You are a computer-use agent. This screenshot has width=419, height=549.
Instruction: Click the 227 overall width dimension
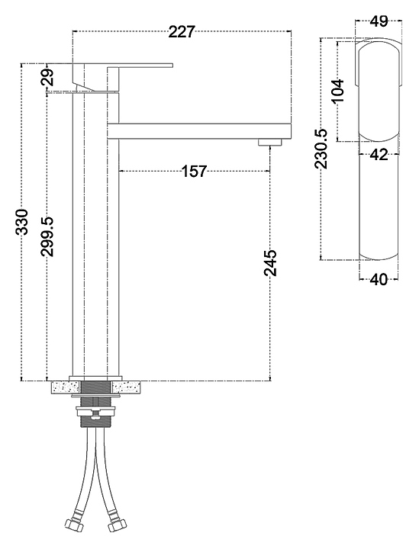pos(181,32)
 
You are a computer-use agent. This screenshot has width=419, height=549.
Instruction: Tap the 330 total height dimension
pos(22,221)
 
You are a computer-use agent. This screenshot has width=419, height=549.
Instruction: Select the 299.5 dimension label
pos(47,236)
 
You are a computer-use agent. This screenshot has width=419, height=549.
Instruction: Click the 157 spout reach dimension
pos(194,172)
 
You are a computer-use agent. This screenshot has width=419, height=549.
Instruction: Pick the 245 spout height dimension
pos(270,262)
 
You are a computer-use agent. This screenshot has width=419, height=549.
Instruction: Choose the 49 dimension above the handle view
pos(379,21)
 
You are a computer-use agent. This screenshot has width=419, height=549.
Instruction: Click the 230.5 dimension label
pos(321,149)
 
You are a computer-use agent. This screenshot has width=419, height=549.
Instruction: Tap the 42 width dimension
pos(379,154)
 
